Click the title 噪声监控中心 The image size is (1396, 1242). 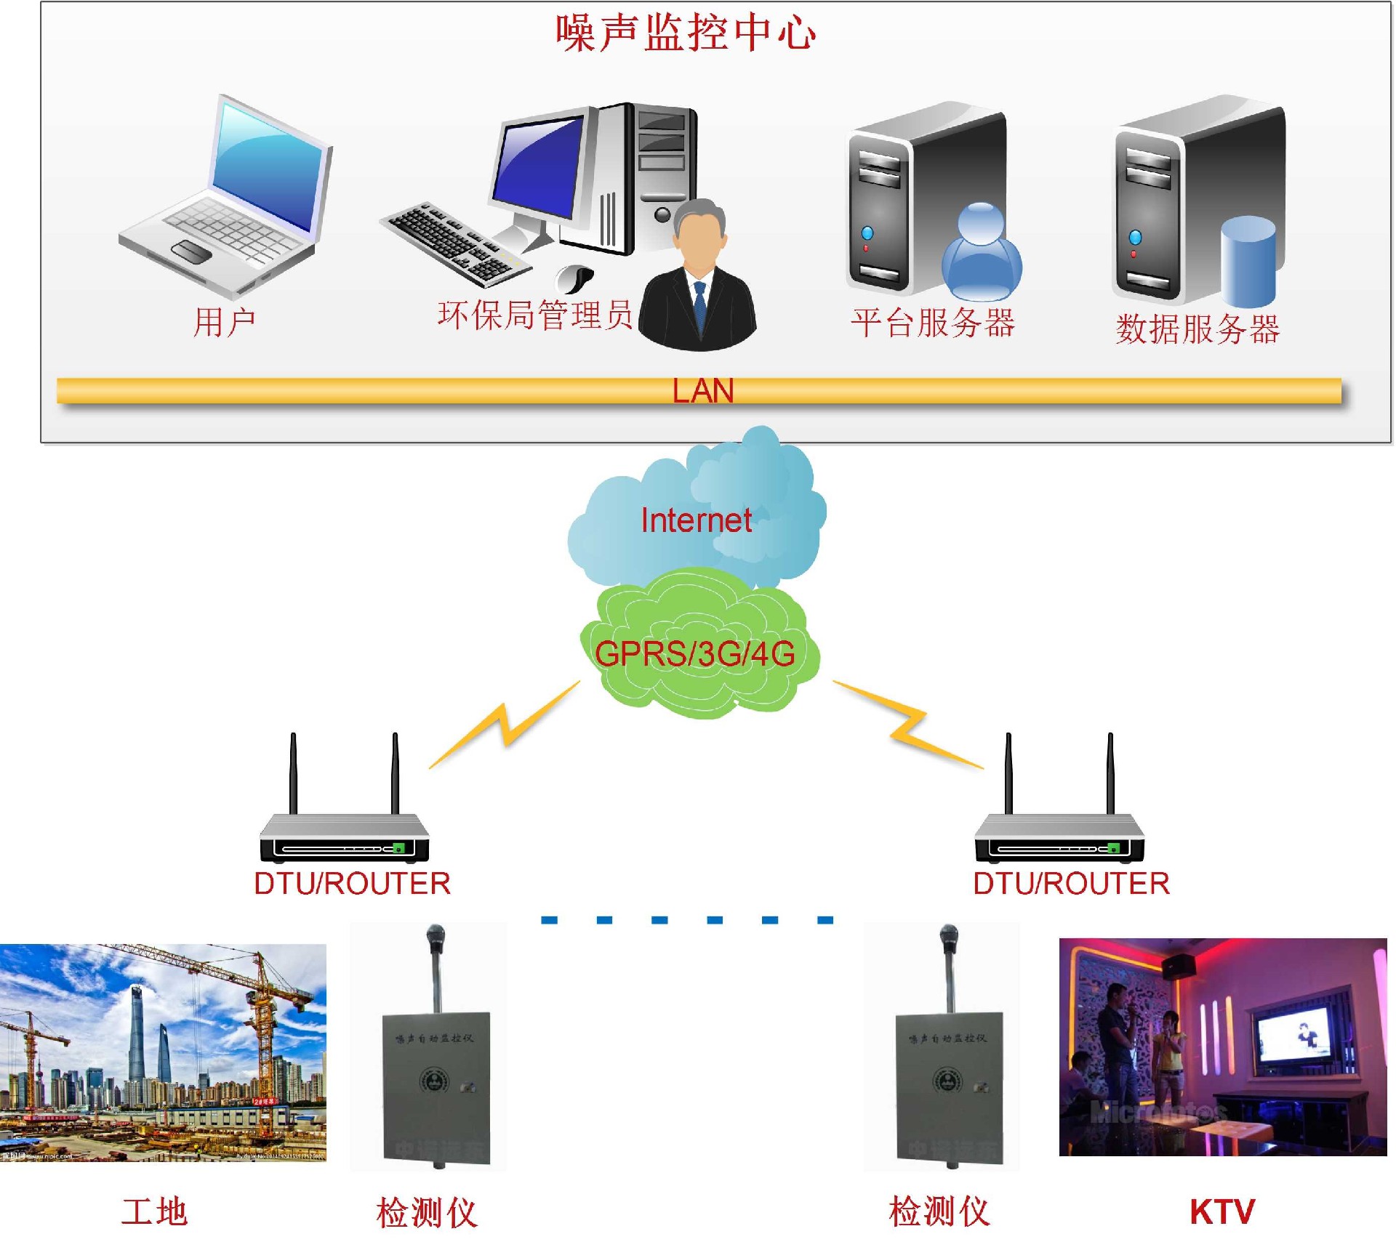tap(685, 33)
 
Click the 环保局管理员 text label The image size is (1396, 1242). tap(534, 315)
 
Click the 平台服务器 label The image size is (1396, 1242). tap(932, 322)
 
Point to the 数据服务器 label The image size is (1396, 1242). tap(1197, 328)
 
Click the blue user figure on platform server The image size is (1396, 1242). tap(981, 254)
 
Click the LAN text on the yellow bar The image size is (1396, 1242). tap(702, 391)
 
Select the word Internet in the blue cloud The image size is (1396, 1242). tap(696, 520)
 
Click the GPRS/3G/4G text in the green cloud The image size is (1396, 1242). tap(694, 653)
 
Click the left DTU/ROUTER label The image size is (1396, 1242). tap(352, 884)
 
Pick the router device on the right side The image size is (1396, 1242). tap(1059, 836)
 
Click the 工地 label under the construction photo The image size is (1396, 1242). tap(154, 1211)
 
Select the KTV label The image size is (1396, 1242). tap(1221, 1211)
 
